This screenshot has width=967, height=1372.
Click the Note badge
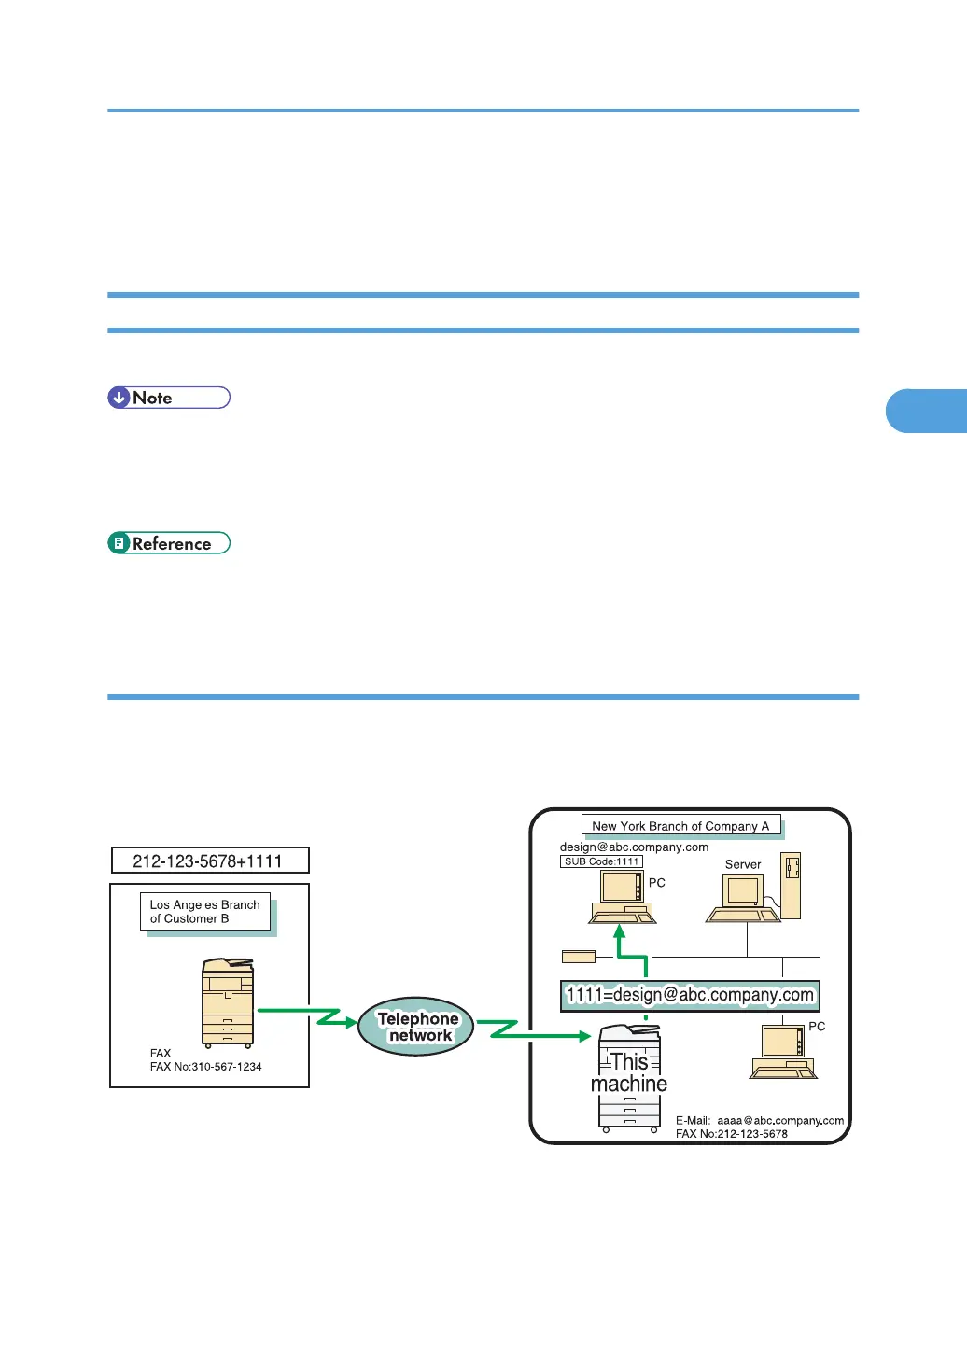169,398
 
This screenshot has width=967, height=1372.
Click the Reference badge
169,543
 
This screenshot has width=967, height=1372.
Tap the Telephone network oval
416,1027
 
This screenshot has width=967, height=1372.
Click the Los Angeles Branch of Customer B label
205,912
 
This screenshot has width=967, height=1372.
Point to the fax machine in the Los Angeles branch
228,1002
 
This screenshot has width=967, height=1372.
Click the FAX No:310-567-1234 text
205,1067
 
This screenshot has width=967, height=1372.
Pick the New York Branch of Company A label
680,826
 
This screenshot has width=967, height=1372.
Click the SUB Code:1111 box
601,861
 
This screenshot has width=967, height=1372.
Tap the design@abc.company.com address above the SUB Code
634,847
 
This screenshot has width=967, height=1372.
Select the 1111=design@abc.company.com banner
690,995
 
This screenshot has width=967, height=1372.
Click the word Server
743,864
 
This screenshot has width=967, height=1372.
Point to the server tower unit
791,886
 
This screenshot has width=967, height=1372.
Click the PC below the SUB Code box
622,899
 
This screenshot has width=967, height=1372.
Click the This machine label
629,1072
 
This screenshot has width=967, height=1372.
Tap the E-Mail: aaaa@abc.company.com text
759,1120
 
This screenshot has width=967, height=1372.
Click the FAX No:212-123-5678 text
731,1134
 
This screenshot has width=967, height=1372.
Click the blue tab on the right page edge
926,411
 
